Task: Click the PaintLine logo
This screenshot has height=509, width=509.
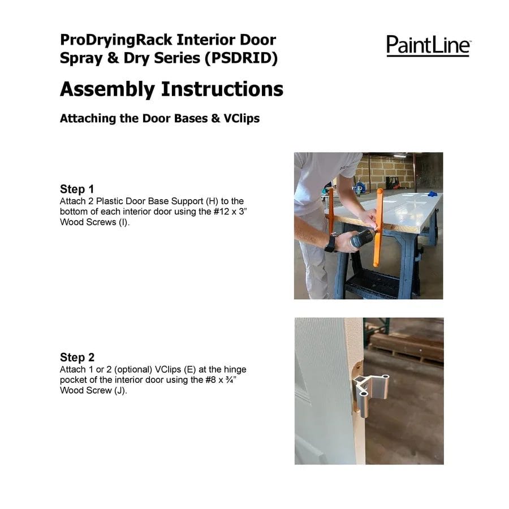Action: (428, 45)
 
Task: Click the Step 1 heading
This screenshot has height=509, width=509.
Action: (77, 189)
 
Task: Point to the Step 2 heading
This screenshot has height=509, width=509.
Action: (77, 357)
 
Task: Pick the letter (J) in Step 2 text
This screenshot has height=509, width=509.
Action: (120, 390)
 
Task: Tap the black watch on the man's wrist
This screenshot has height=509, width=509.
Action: (330, 244)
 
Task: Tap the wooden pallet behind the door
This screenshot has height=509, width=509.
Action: (407, 345)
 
